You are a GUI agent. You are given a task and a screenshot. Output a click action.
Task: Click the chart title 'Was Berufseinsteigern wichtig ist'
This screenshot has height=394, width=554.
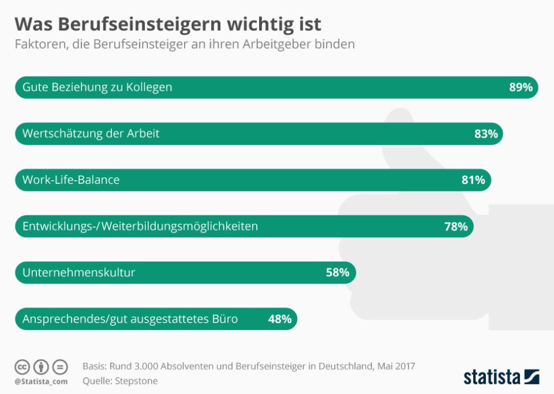point(168,24)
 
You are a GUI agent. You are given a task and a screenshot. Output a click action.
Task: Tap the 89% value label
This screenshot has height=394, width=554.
point(521,87)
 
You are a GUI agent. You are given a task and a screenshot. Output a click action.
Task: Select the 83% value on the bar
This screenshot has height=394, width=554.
point(486,133)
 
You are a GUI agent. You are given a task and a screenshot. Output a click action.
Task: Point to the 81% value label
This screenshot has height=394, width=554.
point(473,180)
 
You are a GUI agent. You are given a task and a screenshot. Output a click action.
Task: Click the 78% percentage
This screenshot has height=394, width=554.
point(456,226)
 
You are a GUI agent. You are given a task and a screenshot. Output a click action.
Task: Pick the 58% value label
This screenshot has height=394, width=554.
point(338,272)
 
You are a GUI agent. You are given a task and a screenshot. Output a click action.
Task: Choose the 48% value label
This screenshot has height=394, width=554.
point(280,319)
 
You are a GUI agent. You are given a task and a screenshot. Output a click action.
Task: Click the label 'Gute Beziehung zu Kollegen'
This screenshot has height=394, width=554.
point(97,87)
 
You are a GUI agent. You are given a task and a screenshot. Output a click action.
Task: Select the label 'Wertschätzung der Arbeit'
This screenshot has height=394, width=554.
point(91,133)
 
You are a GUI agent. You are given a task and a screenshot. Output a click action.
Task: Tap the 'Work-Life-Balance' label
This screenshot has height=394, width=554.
point(71,180)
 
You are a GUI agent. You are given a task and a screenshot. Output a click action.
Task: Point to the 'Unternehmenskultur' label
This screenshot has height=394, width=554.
point(79,272)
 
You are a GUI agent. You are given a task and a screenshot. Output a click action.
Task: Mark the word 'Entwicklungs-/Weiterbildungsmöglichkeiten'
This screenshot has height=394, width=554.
point(140,226)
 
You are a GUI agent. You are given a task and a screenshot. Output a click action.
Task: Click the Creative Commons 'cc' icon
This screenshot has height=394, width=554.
point(22,367)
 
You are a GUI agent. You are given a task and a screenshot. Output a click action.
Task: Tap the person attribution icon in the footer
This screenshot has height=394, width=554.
point(41,367)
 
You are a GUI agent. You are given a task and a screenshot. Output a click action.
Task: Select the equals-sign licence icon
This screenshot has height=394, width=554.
point(60,367)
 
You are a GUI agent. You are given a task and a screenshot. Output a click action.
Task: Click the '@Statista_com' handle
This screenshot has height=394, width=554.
point(41,382)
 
